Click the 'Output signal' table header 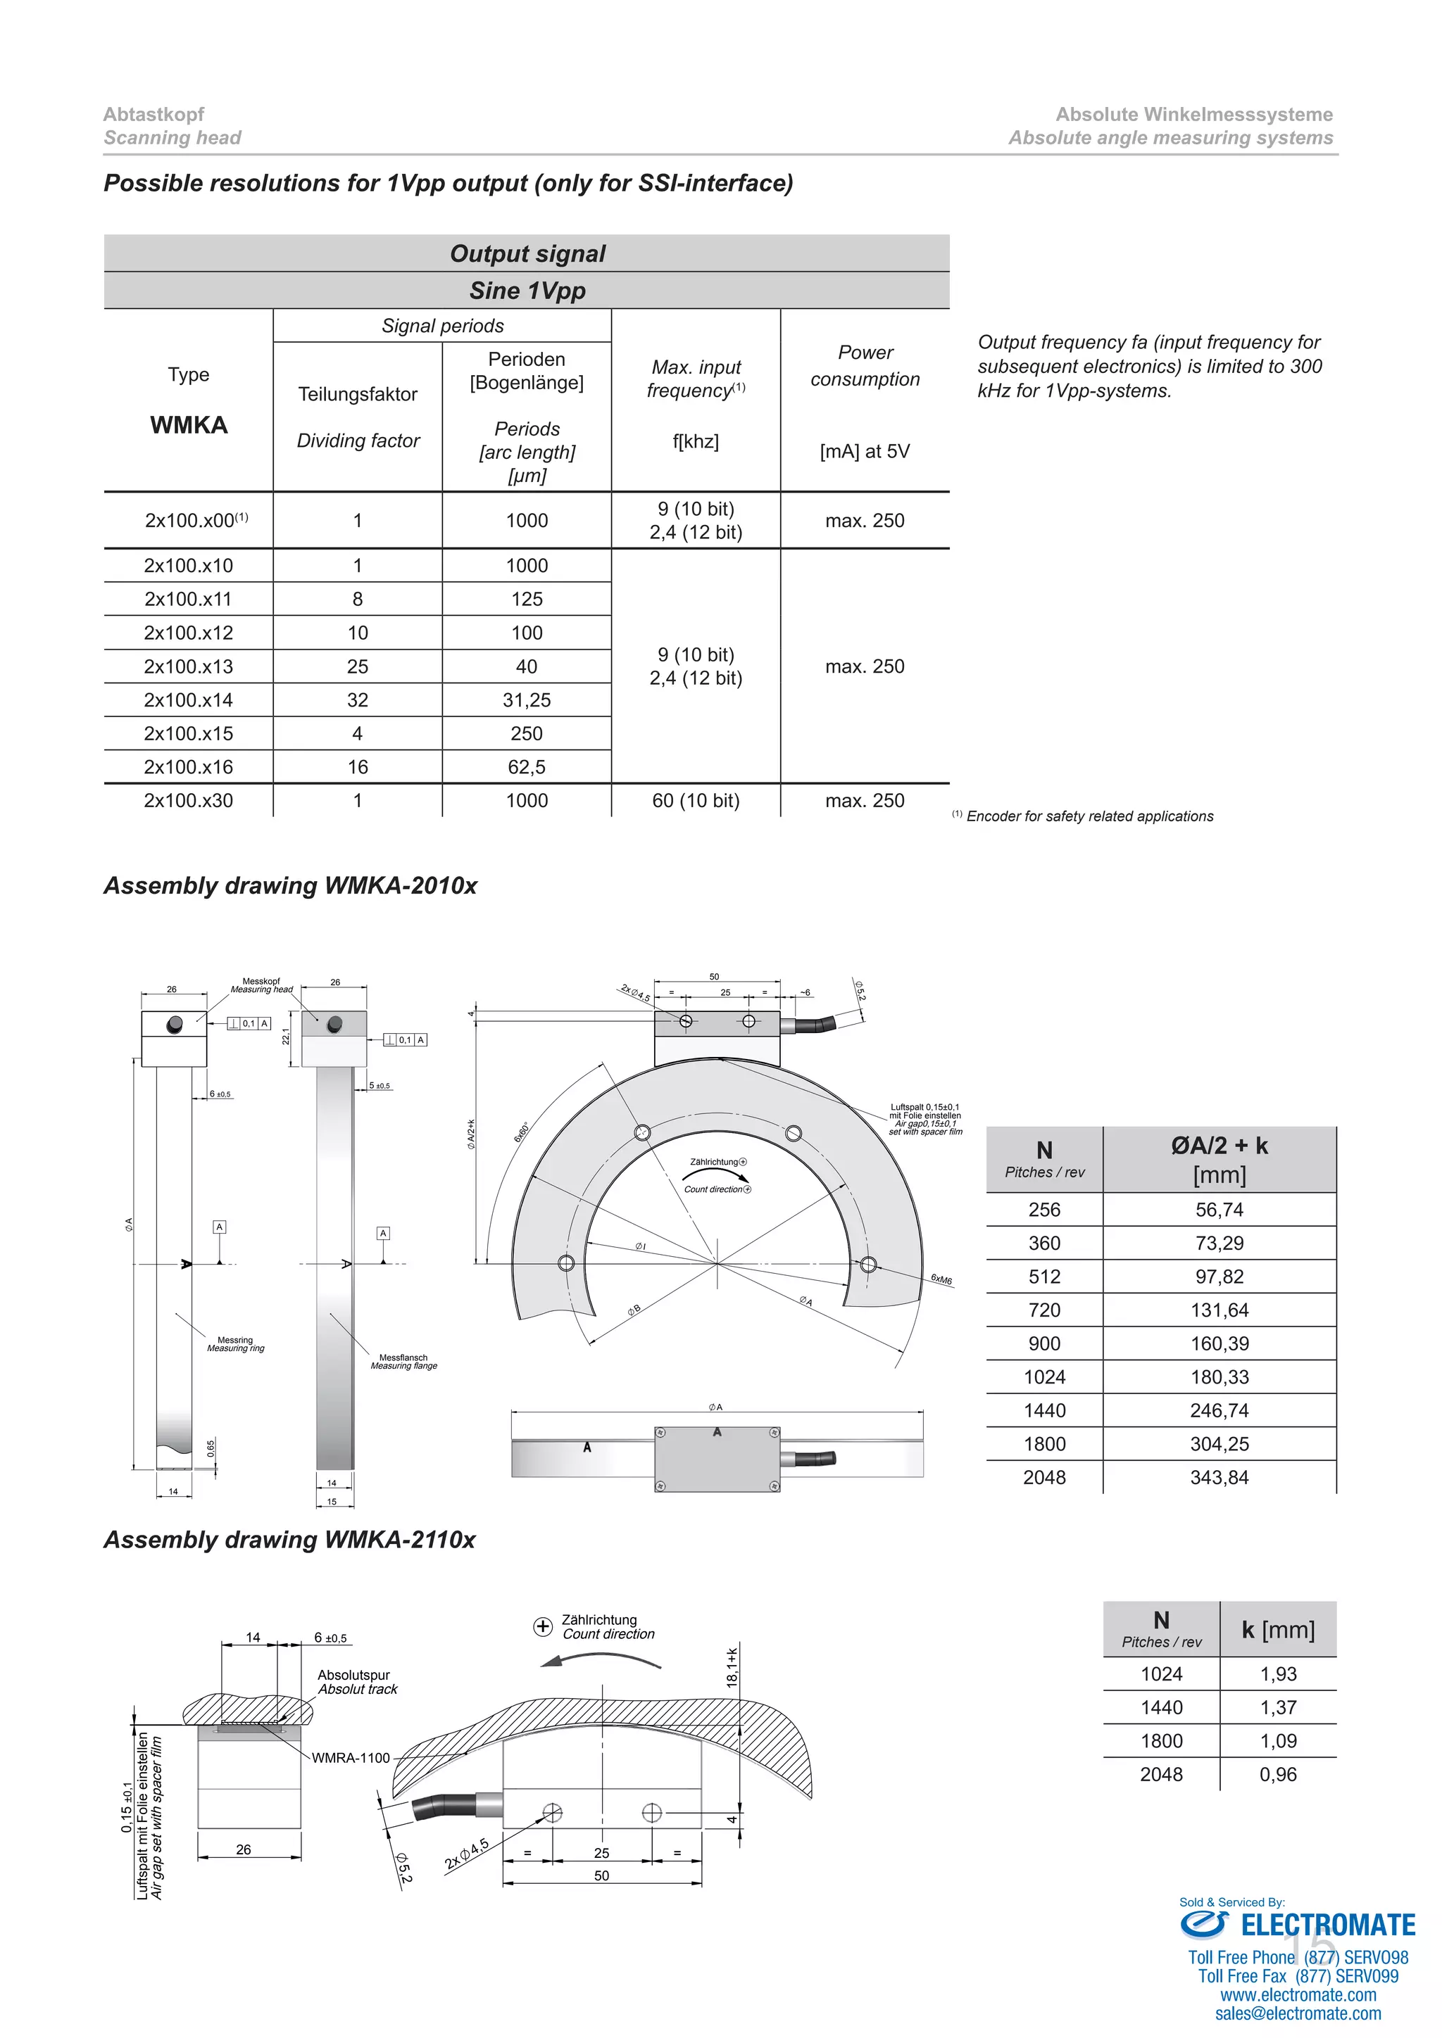point(527,254)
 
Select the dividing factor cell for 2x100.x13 point(357,666)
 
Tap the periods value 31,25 point(527,700)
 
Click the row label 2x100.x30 point(188,801)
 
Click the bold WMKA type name point(188,425)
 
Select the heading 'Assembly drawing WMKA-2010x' point(290,886)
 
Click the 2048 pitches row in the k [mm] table point(1160,1774)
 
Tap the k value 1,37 point(1278,1707)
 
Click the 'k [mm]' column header point(1278,1630)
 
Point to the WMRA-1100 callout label point(351,1757)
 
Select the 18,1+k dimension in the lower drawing point(732,1667)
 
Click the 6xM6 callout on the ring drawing point(941,1279)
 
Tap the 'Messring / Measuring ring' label point(235,1344)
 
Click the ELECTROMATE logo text point(1327,1925)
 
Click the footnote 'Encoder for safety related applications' point(1089,816)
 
